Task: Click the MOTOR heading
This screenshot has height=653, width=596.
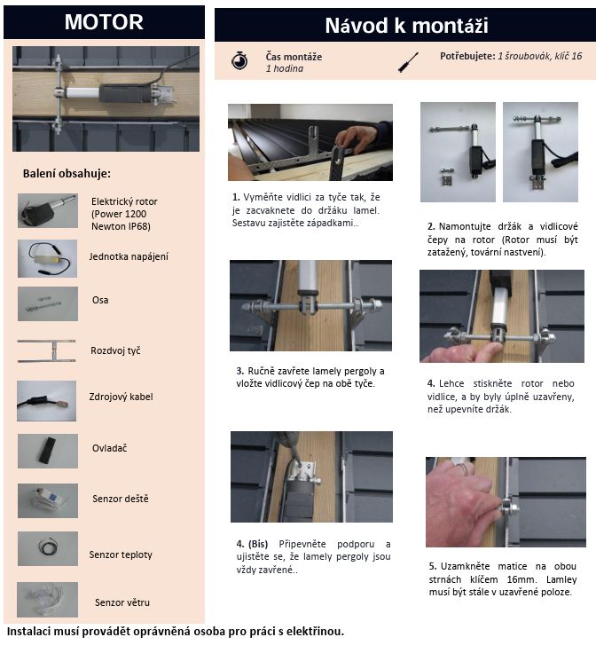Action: [104, 22]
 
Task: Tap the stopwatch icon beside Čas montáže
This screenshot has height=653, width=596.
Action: [239, 60]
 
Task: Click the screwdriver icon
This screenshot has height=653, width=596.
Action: [408, 62]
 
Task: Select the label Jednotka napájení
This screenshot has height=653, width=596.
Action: [129, 256]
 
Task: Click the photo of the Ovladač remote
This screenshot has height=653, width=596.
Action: [47, 451]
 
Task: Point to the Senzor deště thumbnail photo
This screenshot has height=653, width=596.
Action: [47, 500]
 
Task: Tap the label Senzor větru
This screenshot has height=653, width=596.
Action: [122, 602]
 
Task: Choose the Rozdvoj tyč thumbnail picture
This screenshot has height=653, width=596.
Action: [47, 351]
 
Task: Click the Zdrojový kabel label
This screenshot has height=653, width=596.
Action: [121, 397]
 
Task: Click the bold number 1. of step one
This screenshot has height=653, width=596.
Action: [236, 197]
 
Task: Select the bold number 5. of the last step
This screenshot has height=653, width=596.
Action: [433, 566]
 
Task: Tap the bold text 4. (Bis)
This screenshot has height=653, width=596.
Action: [252, 544]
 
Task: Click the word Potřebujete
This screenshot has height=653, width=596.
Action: [467, 56]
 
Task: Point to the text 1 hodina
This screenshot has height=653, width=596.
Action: [285, 68]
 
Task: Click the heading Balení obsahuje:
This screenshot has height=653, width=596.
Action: [67, 174]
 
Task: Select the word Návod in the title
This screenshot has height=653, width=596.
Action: [357, 26]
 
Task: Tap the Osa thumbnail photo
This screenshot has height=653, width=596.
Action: [47, 303]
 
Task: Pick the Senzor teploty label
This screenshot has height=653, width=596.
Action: [121, 555]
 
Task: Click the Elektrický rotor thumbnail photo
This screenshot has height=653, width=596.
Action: [47, 211]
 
